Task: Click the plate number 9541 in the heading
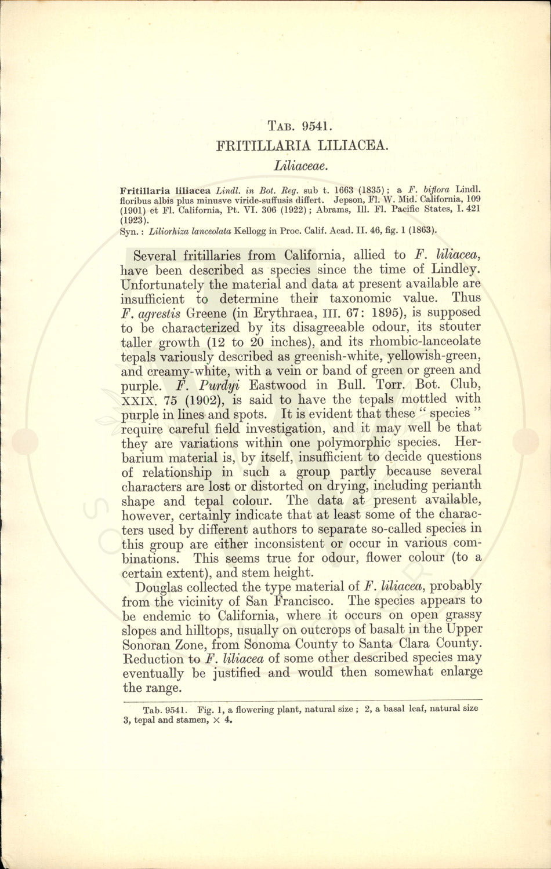point(314,125)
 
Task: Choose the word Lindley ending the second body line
point(455,269)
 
